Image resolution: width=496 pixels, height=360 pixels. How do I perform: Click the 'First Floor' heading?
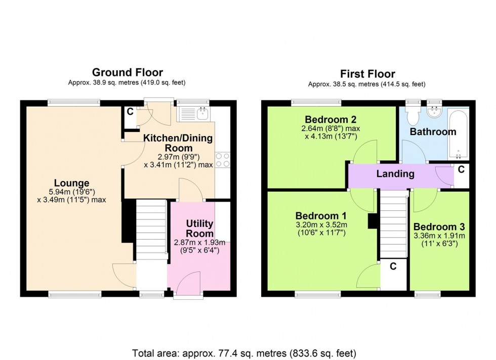coord(367,74)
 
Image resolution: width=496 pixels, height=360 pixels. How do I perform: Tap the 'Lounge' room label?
coord(72,183)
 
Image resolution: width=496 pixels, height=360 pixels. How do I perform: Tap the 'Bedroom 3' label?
coord(439,227)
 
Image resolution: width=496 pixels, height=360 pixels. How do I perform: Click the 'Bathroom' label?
coord(433,132)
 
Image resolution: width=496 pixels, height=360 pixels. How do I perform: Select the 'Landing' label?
coord(395,174)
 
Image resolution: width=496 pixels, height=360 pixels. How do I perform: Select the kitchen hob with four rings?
coord(223,160)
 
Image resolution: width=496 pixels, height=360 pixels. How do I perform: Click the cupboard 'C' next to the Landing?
coord(460,170)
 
